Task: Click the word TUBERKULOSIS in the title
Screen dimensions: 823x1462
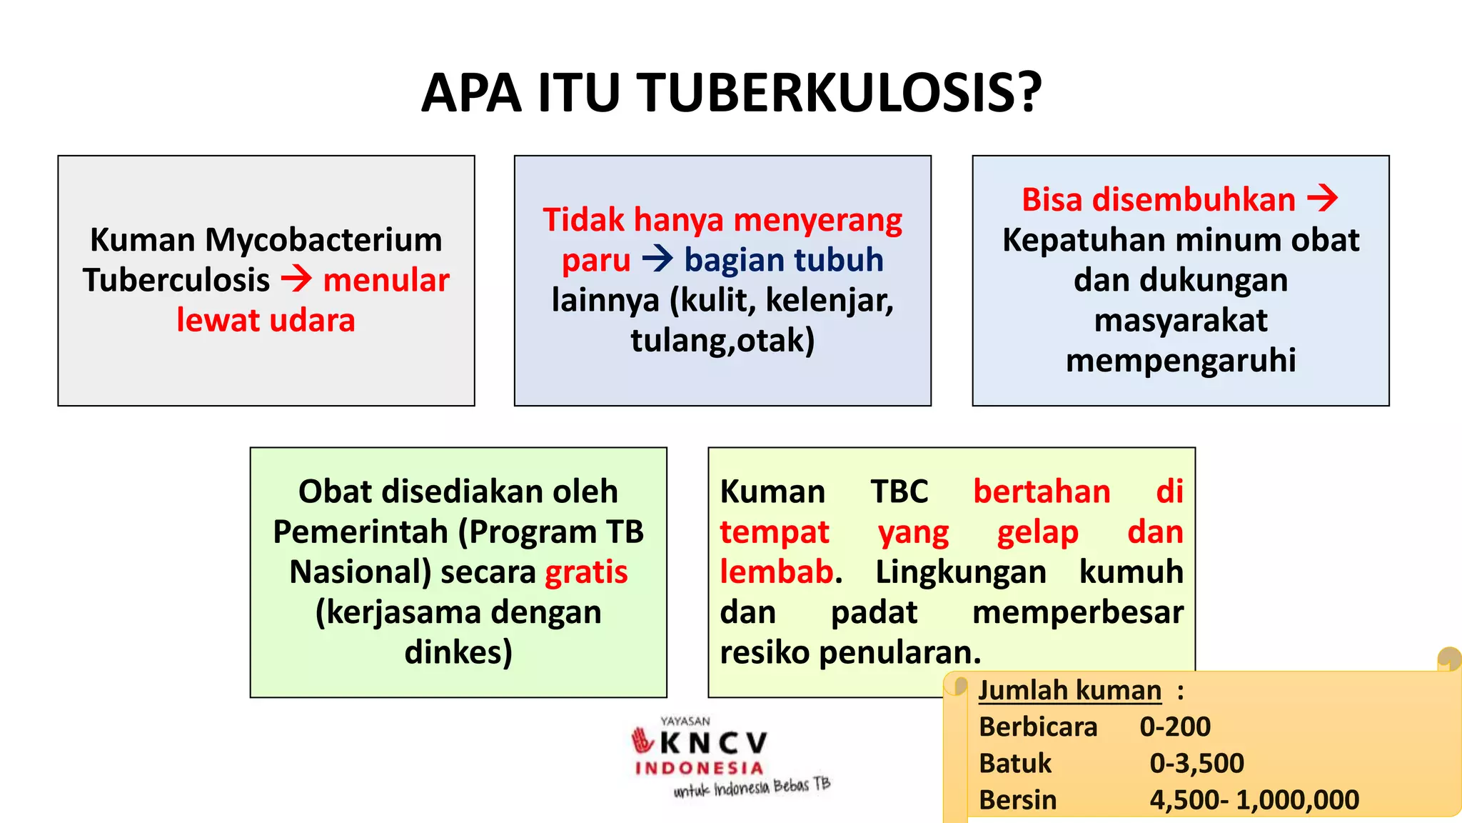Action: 839,94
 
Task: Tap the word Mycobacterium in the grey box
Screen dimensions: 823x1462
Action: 323,240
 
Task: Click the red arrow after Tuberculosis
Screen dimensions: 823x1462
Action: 296,279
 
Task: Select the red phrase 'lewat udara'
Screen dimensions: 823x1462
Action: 266,320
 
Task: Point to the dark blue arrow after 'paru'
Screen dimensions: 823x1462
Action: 657,259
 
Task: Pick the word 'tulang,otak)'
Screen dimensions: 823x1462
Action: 722,340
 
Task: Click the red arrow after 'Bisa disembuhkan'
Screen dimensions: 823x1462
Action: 1322,199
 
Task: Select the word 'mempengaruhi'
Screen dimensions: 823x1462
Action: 1181,360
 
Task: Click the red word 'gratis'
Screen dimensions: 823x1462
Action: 586,572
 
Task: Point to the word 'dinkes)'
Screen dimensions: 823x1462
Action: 458,652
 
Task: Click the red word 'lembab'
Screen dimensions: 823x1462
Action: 776,572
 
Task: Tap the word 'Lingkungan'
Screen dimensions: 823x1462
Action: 961,572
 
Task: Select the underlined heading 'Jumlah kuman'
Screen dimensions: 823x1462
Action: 1069,691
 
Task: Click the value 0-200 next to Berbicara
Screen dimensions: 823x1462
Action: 1175,727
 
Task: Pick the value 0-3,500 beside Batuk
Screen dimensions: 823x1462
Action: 1196,764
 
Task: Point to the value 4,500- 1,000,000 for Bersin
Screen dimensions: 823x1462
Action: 1254,800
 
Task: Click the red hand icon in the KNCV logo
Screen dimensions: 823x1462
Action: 642,741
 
